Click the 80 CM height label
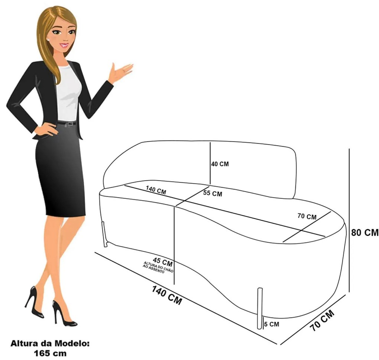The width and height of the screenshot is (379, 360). coord(365,233)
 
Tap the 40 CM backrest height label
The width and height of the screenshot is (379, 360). coord(220,164)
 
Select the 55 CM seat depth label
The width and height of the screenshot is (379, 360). coord(213,194)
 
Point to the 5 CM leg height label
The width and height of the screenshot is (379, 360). coord(271,324)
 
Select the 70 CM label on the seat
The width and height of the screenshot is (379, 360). coord(307,216)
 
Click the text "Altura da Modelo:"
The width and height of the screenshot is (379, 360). coord(50,344)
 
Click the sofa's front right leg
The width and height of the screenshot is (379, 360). coord(260,308)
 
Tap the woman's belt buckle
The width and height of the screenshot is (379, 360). coord(67,124)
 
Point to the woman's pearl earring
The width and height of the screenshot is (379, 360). coord(48,38)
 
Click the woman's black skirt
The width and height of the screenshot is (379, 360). coord(61,171)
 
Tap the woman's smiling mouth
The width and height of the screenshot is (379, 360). coord(65,45)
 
